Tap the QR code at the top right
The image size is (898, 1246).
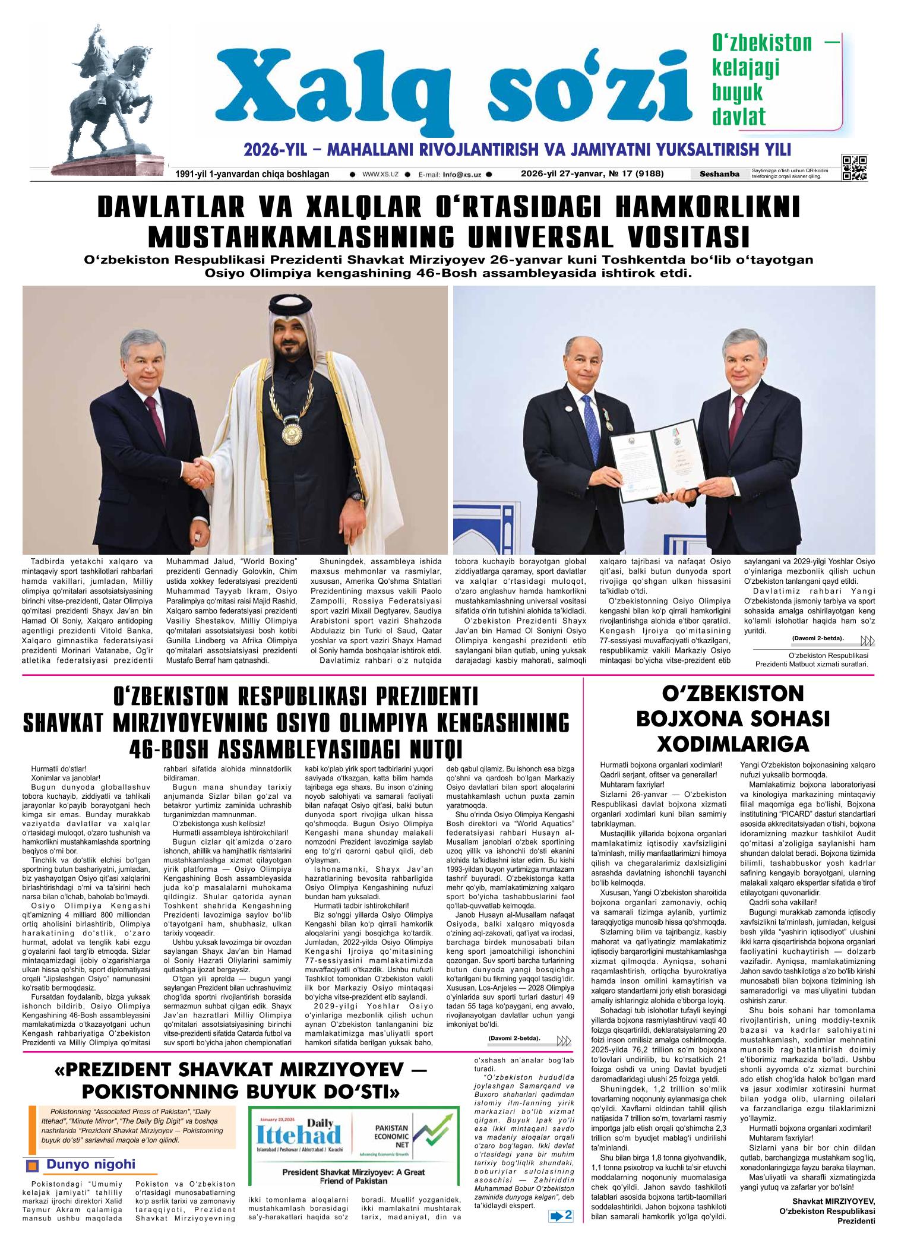pos(854,167)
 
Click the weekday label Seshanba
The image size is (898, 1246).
pos(720,174)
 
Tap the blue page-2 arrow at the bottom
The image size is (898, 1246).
pos(561,1228)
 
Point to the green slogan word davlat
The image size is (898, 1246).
pos(739,117)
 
